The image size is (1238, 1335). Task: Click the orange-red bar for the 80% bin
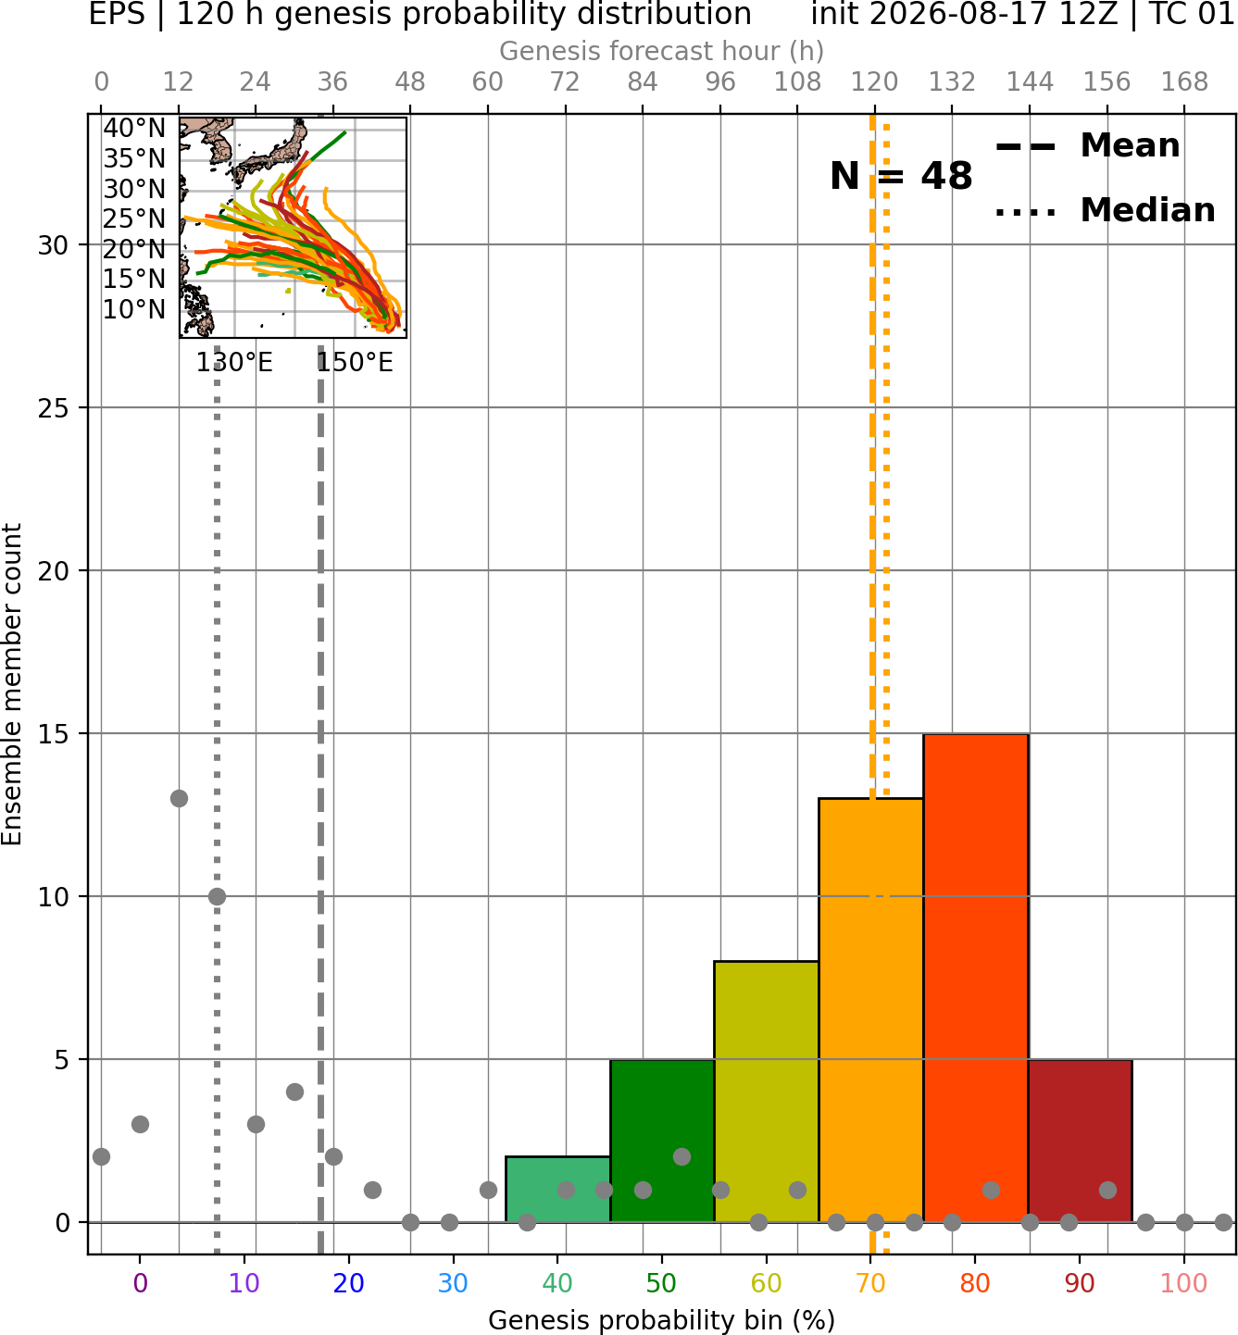coord(976,978)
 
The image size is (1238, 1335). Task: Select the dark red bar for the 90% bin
coord(1080,1140)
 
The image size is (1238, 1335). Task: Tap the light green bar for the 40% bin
coord(557,1189)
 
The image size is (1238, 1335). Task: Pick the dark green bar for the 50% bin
coord(662,1140)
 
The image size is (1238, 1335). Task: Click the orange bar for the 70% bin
coord(870,1010)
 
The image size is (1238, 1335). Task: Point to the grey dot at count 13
coord(179,799)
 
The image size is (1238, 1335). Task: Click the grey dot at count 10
coord(217,896)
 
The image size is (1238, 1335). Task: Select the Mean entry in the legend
coord(1087,146)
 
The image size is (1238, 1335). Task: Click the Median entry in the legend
coord(1105,210)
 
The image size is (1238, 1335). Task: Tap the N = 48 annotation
coord(901,176)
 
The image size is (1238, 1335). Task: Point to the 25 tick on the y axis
coord(54,408)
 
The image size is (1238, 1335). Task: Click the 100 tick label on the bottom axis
coord(1184,1283)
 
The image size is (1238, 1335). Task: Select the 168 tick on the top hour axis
coord(1184,82)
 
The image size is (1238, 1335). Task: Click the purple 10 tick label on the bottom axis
coord(244,1283)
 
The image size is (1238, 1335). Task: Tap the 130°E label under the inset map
coord(234,362)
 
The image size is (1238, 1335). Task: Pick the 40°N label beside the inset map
coord(134,128)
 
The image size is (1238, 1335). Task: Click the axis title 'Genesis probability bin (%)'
coord(662,1320)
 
